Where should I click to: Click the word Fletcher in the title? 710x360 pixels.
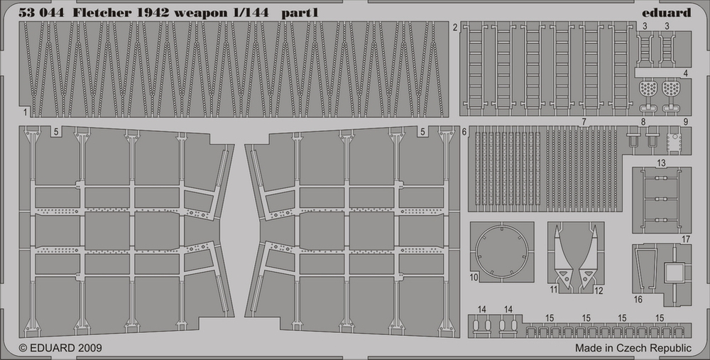click(102, 13)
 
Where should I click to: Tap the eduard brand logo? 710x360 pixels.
click(666, 12)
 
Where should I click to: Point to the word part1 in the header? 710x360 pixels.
click(300, 13)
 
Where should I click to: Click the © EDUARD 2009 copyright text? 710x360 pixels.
click(60, 348)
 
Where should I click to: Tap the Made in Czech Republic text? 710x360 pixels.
click(633, 348)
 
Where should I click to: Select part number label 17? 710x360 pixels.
click(686, 239)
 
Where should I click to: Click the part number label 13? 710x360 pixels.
click(661, 163)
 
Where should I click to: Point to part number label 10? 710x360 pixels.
click(474, 277)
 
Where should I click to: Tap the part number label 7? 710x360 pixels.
click(584, 121)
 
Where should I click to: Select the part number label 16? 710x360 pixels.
click(638, 300)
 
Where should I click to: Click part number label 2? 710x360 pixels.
click(454, 28)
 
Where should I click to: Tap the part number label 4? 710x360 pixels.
click(686, 73)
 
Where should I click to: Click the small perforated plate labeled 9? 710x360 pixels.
click(674, 142)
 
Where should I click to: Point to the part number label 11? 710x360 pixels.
click(553, 290)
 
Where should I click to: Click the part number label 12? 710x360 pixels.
click(599, 290)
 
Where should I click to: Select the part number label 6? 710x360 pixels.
click(464, 132)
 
